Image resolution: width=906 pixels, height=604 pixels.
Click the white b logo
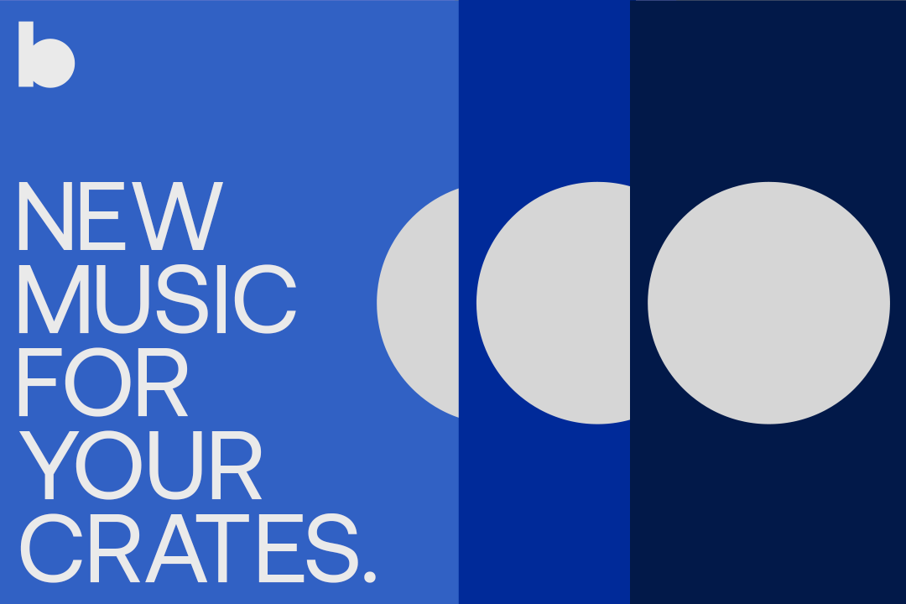pos(46,55)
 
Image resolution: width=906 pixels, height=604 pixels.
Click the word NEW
pos(120,216)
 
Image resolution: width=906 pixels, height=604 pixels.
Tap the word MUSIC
pos(157,299)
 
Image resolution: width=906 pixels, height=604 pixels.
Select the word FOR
pos(103,382)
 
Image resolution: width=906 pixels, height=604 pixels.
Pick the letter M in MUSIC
pos(54,299)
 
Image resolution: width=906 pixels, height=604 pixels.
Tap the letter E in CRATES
pos(281,548)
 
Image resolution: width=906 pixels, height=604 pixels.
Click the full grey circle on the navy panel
pos(768,303)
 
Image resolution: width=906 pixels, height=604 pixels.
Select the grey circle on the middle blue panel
pos(553,303)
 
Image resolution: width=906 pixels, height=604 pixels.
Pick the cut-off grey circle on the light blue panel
pos(418,303)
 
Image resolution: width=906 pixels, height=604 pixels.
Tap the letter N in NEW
pos(45,216)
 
